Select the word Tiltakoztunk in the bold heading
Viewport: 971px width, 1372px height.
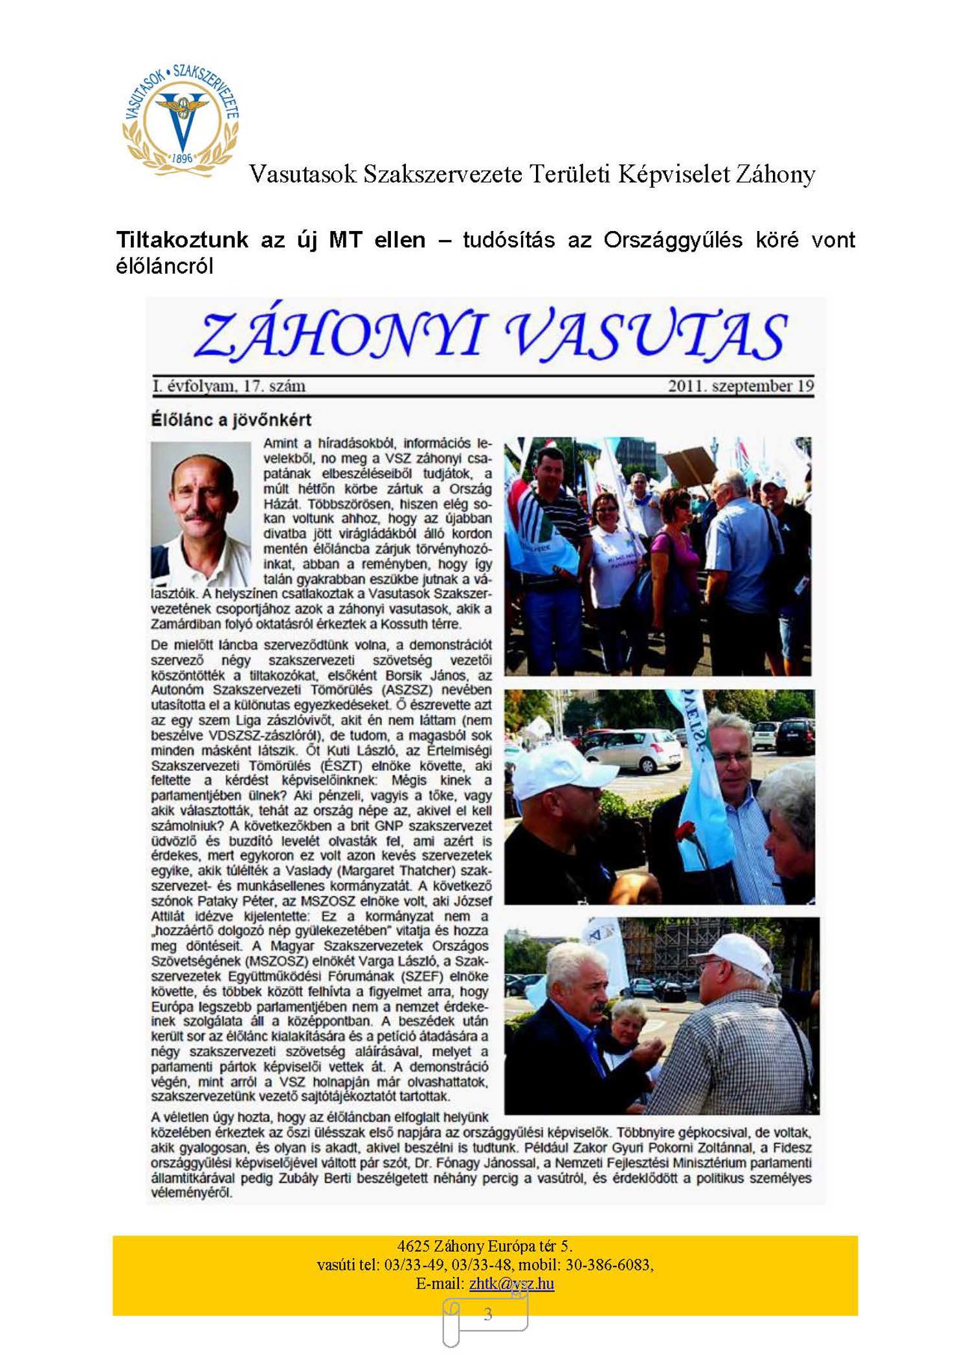click(x=182, y=240)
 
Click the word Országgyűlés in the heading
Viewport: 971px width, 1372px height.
click(x=673, y=240)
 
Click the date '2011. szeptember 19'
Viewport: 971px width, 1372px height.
click(x=741, y=386)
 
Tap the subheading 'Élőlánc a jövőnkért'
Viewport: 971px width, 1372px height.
click(x=231, y=420)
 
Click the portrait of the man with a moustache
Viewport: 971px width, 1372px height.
click(x=201, y=511)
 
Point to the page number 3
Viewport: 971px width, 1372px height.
click(x=487, y=1314)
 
